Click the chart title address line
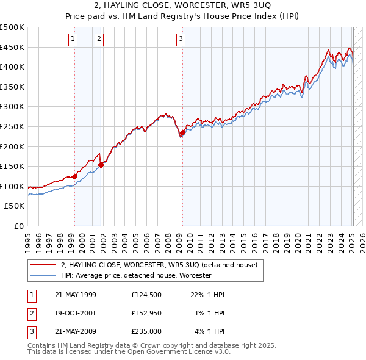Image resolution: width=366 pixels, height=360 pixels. [182, 6]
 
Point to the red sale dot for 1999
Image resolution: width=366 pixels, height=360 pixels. [74, 176]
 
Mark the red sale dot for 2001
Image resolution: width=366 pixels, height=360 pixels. [101, 165]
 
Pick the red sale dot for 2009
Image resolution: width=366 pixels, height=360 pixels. [182, 132]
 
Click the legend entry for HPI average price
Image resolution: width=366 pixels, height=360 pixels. [135, 276]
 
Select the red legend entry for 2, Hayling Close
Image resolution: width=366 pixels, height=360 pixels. [159, 265]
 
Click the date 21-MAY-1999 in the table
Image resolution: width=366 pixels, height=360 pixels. [76, 295]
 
